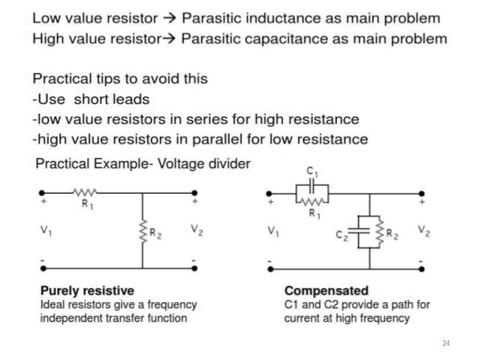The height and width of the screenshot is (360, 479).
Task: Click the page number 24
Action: [x=446, y=343]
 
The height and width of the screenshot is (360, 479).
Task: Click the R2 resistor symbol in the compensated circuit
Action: [x=380, y=234]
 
